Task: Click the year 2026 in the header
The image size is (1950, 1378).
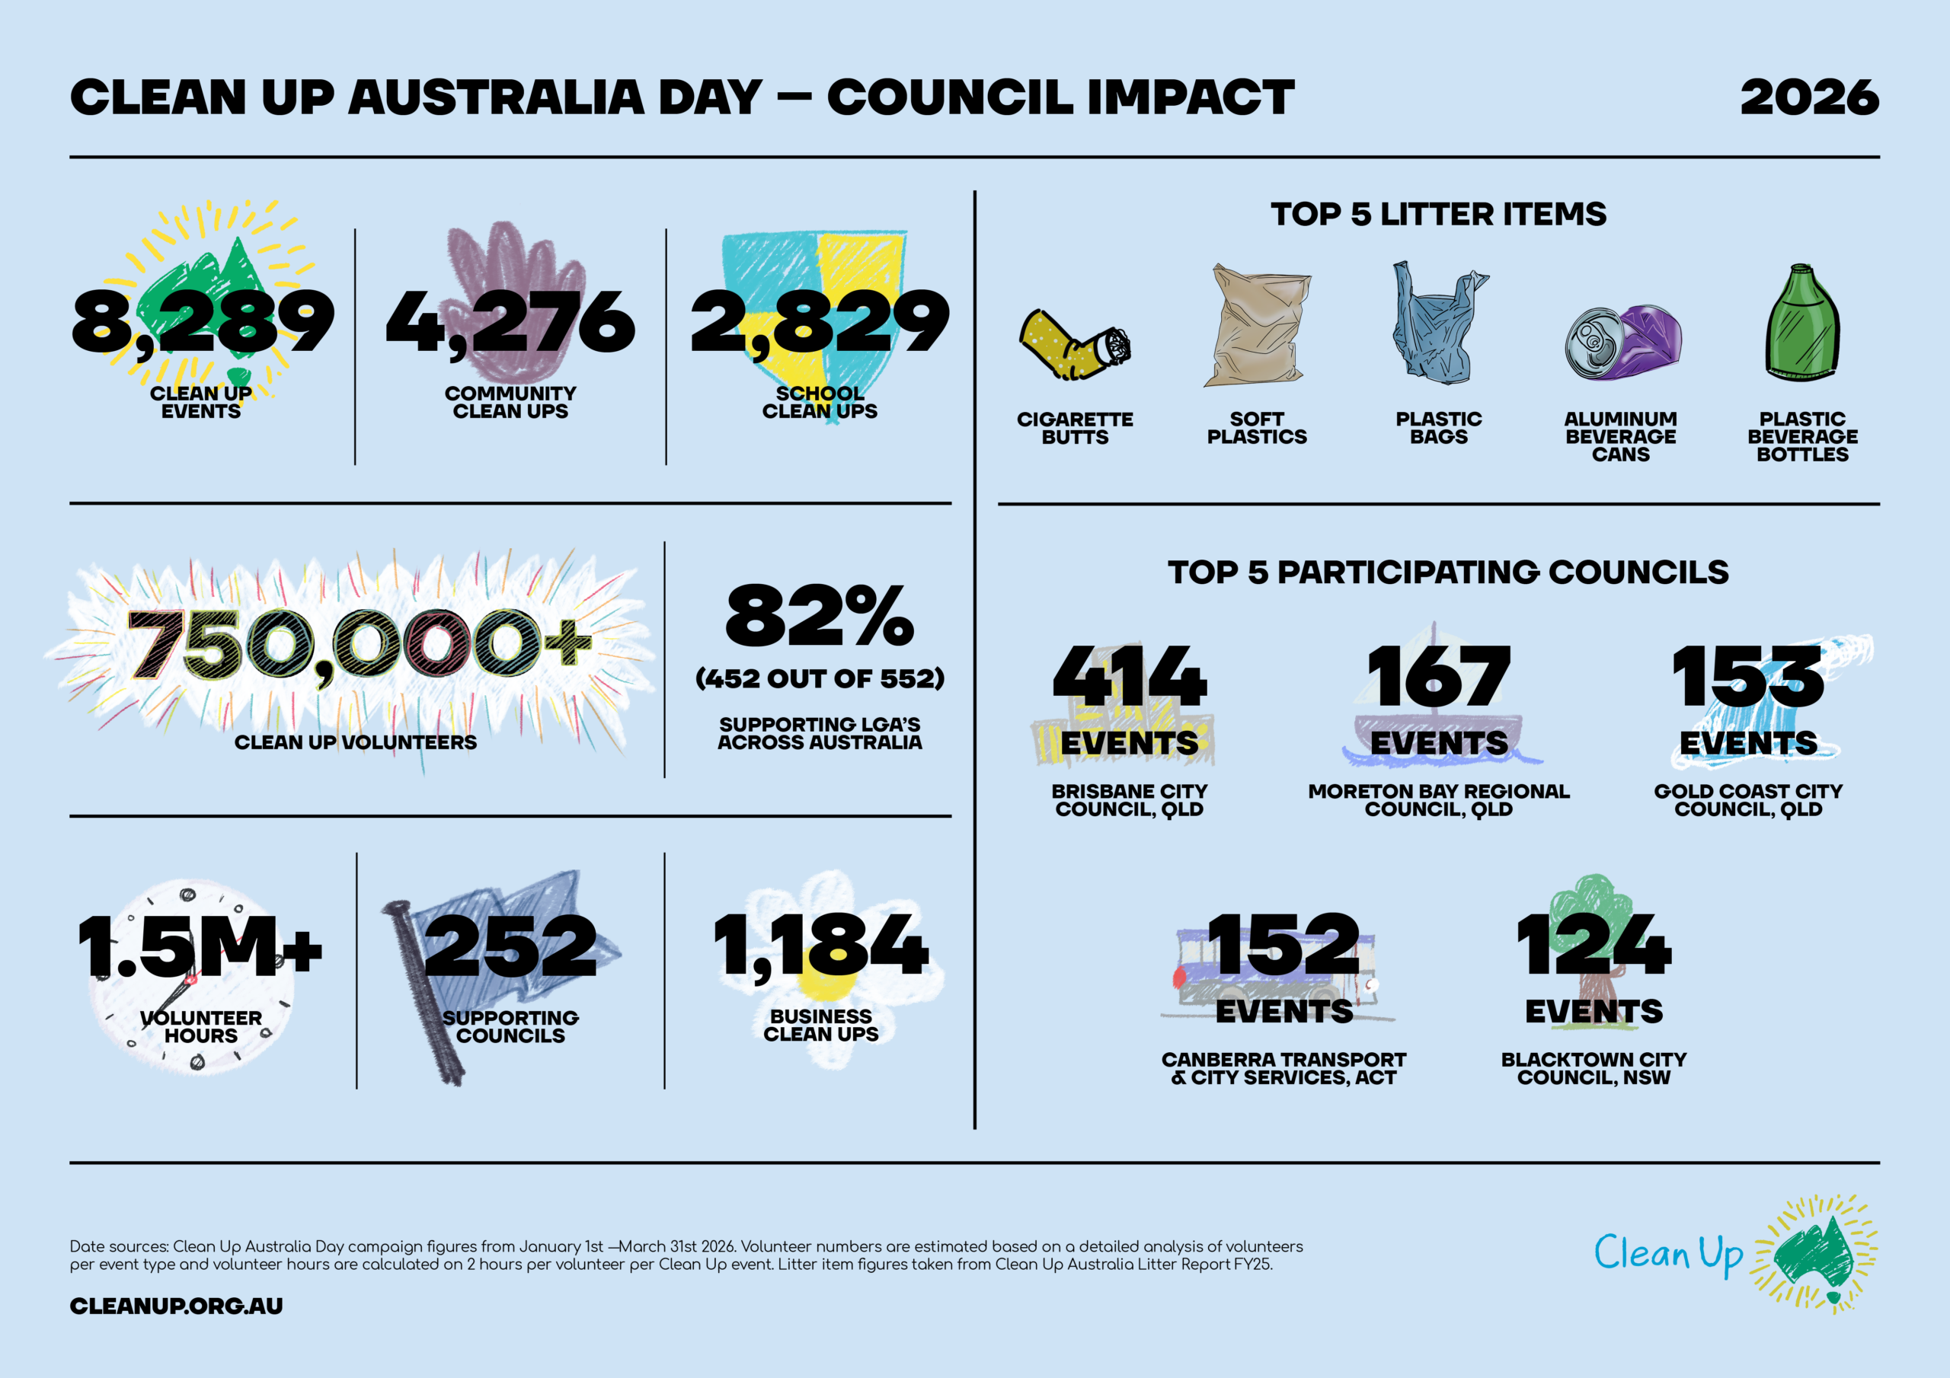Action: (x=1808, y=97)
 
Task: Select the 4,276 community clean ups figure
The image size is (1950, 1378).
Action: (x=510, y=323)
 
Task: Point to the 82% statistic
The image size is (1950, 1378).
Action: (x=820, y=616)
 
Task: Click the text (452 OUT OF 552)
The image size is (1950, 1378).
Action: (x=820, y=678)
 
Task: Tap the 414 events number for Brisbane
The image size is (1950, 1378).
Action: (x=1129, y=676)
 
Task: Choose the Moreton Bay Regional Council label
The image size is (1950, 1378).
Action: (x=1439, y=800)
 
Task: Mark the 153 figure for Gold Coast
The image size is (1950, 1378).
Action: (x=1748, y=676)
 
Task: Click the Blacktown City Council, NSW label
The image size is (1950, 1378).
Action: (x=1594, y=1068)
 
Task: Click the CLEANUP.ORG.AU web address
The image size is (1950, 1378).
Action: (x=176, y=1306)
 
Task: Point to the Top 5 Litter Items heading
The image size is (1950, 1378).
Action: (x=1439, y=214)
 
